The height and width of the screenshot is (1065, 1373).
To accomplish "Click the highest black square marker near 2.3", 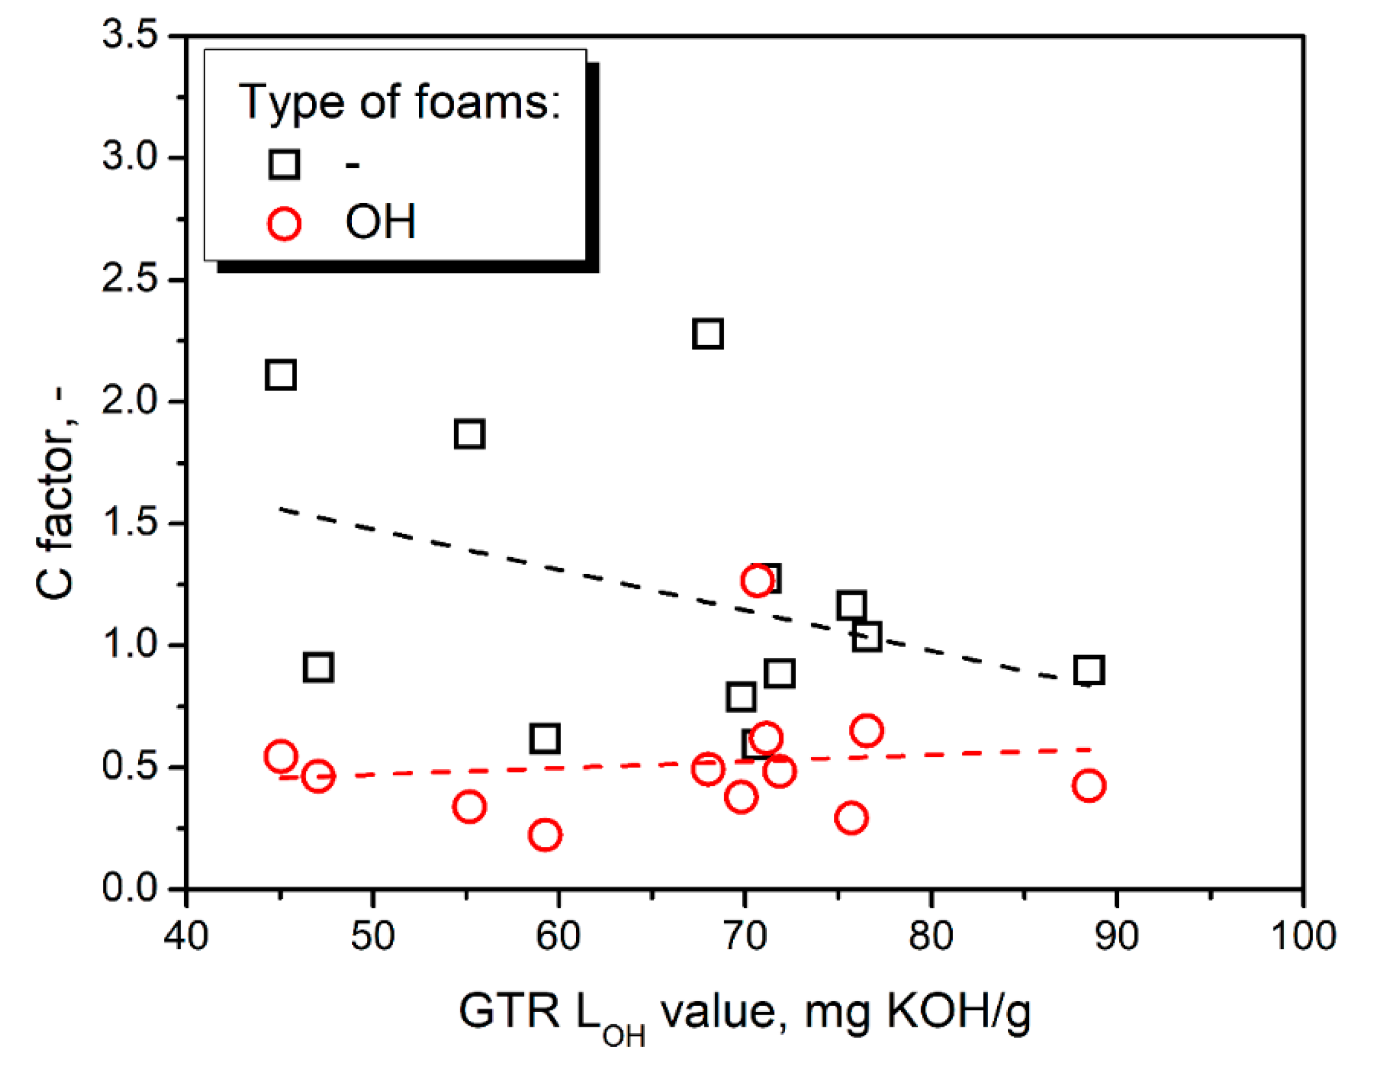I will tap(707, 333).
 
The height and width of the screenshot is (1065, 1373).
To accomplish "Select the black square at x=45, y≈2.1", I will tap(280, 375).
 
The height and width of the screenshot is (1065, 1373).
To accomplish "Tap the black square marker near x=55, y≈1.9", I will tap(469, 434).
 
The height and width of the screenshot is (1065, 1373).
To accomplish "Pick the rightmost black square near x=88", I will tap(1089, 670).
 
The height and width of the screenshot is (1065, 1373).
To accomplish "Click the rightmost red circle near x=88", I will tap(1089, 785).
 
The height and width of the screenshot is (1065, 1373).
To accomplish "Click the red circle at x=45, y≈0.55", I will tap(280, 756).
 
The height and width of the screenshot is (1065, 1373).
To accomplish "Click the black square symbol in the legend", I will tap(284, 164).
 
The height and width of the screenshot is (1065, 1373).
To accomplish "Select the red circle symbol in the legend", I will tap(284, 223).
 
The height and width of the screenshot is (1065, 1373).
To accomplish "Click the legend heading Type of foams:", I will tap(399, 102).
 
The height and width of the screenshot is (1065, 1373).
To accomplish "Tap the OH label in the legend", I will tap(380, 222).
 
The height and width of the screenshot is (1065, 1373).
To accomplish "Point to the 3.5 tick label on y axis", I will tap(130, 34).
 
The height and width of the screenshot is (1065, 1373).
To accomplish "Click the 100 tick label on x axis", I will tap(1303, 935).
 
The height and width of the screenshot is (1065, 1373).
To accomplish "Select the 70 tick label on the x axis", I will tap(745, 935).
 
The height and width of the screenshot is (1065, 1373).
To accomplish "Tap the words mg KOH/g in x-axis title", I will tap(918, 1011).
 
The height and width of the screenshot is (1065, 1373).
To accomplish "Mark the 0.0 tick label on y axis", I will tap(130, 888).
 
